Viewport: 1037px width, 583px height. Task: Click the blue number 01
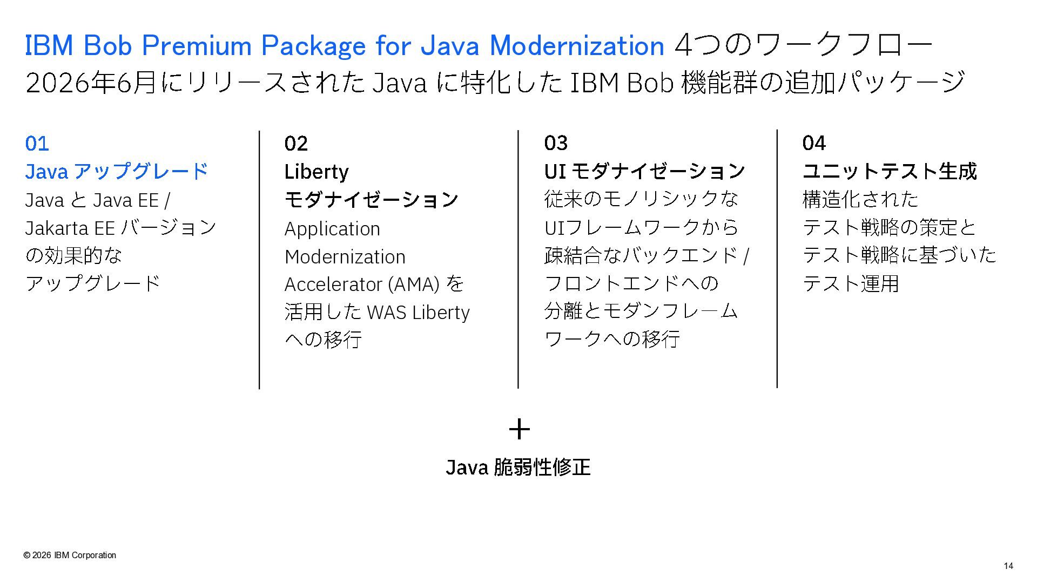tap(37, 144)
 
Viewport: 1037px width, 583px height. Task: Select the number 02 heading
tap(296, 144)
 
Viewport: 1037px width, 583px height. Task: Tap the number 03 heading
tap(556, 143)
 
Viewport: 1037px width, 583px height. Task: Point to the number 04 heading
tap(814, 143)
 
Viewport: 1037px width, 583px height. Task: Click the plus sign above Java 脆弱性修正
tap(519, 429)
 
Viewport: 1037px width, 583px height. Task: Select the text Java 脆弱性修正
tap(518, 467)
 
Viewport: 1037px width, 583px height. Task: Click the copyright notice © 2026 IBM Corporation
tap(70, 555)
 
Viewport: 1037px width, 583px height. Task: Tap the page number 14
tap(1008, 566)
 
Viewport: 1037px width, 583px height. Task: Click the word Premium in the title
tap(197, 45)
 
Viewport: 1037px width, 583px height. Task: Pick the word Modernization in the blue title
tap(577, 45)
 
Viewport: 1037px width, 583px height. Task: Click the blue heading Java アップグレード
tap(116, 172)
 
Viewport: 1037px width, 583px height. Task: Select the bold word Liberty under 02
tap(317, 172)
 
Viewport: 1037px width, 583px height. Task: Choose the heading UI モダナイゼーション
tap(644, 171)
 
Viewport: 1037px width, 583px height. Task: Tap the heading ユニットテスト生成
tap(890, 171)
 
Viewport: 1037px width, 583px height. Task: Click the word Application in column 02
tap(332, 229)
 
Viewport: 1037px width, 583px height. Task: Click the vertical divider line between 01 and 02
tap(259, 260)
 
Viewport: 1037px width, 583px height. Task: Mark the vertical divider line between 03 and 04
tap(777, 259)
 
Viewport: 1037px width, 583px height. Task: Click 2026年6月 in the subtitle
tap(91, 83)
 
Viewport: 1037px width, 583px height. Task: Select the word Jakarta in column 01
tap(57, 228)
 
